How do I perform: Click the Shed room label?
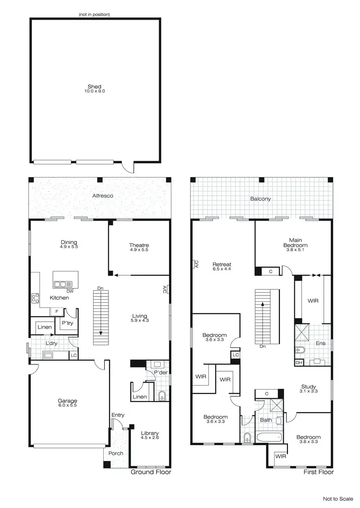pos(94,87)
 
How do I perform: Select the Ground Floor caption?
pos(151,472)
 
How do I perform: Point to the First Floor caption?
pos(316,472)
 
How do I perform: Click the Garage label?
pos(68,401)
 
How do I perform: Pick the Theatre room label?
pos(139,246)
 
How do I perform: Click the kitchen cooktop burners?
pos(35,298)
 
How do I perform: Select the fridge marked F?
pos(57,312)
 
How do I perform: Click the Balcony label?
pos(261,199)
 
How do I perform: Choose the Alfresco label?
pos(100,196)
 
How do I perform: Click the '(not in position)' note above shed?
pos(94,14)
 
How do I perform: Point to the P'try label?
pos(67,324)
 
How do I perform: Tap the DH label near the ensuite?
pos(299,363)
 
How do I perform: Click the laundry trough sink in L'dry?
pos(48,355)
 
